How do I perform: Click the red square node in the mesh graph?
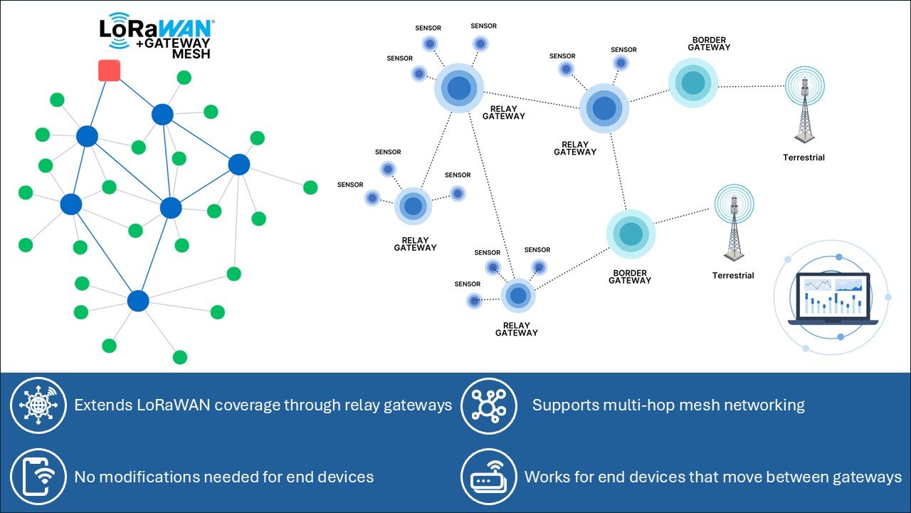pyautogui.click(x=109, y=71)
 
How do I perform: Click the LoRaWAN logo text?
pyautogui.click(x=156, y=28)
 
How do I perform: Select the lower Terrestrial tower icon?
pyautogui.click(x=734, y=224)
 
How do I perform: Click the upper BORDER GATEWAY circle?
pyautogui.click(x=693, y=83)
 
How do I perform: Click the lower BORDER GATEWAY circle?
pyautogui.click(x=631, y=234)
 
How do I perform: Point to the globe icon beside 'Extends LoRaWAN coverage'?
pyautogui.click(x=38, y=405)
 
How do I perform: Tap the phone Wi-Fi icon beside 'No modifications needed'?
pyautogui.click(x=38, y=477)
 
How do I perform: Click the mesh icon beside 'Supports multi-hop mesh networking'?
pyautogui.click(x=489, y=405)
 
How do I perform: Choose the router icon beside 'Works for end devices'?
pyautogui.click(x=489, y=477)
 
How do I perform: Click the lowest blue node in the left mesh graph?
pyautogui.click(x=138, y=301)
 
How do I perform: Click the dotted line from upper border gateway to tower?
pyautogui.click(x=751, y=86)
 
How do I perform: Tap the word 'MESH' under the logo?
pyautogui.click(x=191, y=53)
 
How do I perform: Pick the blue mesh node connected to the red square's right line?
pyautogui.click(x=162, y=114)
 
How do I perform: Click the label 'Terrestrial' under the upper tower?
pyautogui.click(x=804, y=157)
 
